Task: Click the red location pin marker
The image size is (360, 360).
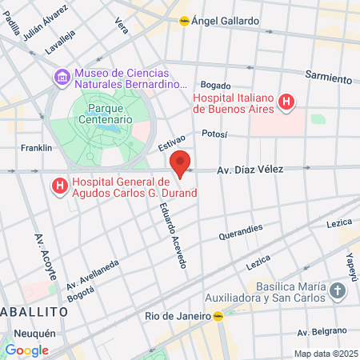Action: point(181,163)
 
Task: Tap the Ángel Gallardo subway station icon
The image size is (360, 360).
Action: point(184,22)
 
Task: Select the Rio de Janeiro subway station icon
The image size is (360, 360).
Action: point(218,315)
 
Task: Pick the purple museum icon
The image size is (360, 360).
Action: point(62,77)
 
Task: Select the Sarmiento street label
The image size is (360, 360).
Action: point(328,77)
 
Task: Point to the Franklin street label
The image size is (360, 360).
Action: point(36,148)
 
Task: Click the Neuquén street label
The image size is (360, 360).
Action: point(34,333)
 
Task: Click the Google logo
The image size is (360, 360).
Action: point(26,350)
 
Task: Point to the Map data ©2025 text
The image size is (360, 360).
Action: point(324,354)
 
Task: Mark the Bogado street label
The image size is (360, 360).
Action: point(215,85)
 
